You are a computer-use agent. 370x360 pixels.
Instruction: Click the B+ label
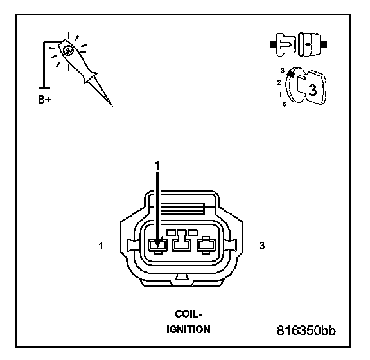(44, 100)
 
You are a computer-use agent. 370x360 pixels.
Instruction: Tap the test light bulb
(68, 51)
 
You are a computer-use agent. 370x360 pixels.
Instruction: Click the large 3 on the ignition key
(312, 90)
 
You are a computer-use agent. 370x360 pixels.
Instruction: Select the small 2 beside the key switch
(279, 82)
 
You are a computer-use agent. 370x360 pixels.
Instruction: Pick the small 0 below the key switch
(285, 104)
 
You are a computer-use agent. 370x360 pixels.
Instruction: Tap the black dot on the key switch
(291, 74)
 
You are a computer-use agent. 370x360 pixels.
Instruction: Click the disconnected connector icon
(298, 44)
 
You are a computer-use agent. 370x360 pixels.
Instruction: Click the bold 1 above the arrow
(157, 165)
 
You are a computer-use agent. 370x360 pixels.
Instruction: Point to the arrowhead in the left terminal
(157, 244)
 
